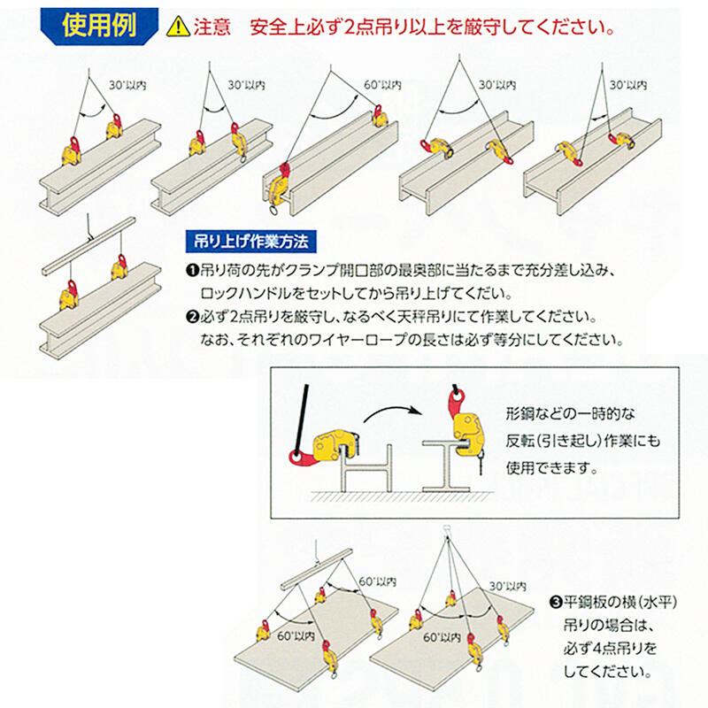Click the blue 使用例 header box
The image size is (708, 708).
pyautogui.click(x=98, y=25)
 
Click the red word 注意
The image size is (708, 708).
pyautogui.click(x=209, y=27)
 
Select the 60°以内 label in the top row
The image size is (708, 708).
pyautogui.click(x=382, y=87)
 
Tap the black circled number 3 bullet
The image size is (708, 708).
pyautogui.click(x=555, y=604)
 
